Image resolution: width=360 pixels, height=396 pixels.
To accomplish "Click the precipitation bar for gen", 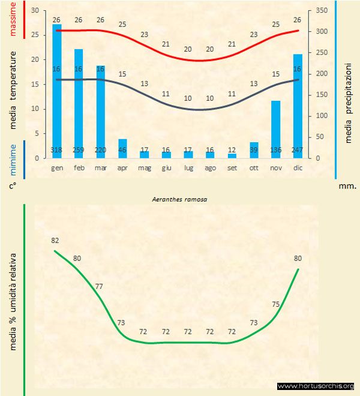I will point(57,90).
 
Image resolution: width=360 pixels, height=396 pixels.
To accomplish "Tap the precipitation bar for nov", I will point(276,129).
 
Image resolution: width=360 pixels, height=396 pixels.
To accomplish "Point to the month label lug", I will point(188,169).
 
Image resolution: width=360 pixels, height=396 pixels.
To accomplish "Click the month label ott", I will point(254,169).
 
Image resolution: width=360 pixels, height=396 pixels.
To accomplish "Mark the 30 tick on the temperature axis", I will point(34,11).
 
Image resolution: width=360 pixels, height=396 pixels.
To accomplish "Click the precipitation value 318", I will point(57,150).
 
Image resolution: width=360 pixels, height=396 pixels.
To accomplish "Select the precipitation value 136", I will point(276,150).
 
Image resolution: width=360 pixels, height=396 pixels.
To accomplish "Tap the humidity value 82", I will point(55,241).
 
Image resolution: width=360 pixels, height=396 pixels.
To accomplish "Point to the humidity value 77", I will point(99,286).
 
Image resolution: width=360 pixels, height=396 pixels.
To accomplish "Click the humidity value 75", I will point(275,304).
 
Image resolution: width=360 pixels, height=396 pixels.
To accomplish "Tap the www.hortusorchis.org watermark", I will point(316,386).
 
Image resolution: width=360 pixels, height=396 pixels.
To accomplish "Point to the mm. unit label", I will point(347,187).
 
